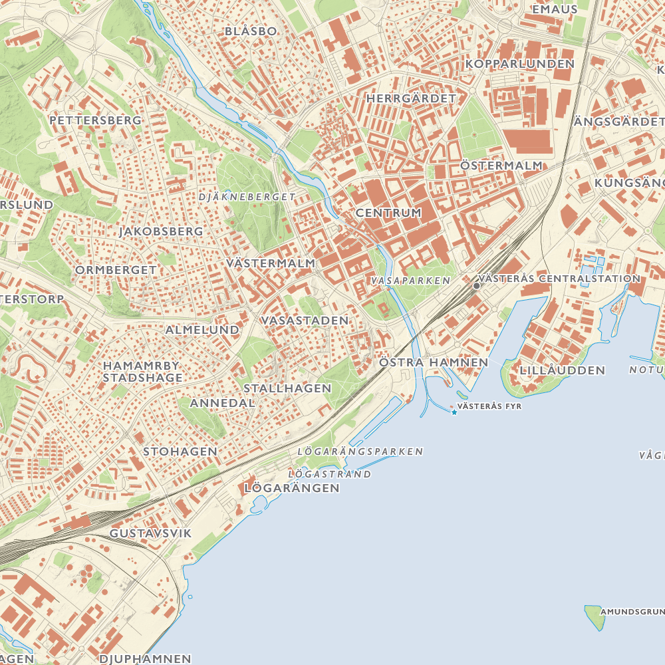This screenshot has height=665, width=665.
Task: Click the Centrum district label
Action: [x=388, y=213]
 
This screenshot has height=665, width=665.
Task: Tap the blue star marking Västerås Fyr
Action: [x=454, y=413]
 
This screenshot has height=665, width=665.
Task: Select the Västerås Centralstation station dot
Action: [x=476, y=285]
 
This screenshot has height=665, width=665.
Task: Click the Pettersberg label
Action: [x=95, y=120]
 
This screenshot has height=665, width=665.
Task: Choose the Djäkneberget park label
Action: [x=247, y=197]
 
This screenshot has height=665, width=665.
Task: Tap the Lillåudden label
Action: [x=563, y=370]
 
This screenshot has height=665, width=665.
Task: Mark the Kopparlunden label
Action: [x=519, y=64]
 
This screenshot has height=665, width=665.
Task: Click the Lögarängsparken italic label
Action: [x=360, y=451]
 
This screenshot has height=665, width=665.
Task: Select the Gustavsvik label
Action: [x=150, y=533]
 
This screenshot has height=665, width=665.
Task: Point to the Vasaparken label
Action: [x=411, y=281]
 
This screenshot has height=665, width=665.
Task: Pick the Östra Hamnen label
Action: [x=434, y=362]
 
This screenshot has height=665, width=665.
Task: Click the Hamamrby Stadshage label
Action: [x=142, y=372]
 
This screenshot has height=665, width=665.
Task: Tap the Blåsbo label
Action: [x=250, y=31]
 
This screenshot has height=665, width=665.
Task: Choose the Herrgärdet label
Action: [x=412, y=98]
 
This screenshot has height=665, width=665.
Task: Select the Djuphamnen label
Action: [x=145, y=659]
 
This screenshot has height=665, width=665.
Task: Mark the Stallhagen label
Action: [x=287, y=388]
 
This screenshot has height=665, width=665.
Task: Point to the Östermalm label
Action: [x=501, y=165]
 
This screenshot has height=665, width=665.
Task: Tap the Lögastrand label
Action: [x=330, y=474]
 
